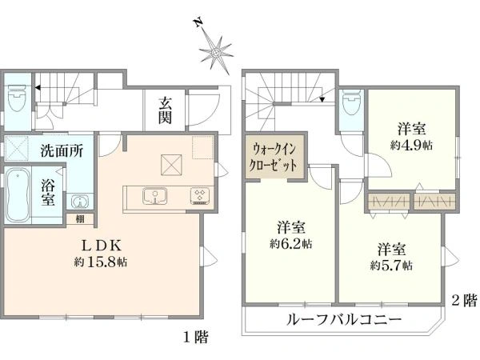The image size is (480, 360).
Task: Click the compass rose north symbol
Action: (x=215, y=50)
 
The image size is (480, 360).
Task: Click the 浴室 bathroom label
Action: (x=48, y=193)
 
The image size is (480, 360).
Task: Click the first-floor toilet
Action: (x=18, y=99)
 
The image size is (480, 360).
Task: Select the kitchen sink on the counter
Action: (x=152, y=195)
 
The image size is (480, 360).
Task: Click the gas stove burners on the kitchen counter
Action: (x=198, y=195)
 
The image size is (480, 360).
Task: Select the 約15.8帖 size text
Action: (x=100, y=261)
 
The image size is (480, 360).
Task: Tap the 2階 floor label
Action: (x=464, y=302)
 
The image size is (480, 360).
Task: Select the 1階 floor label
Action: (x=198, y=337)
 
